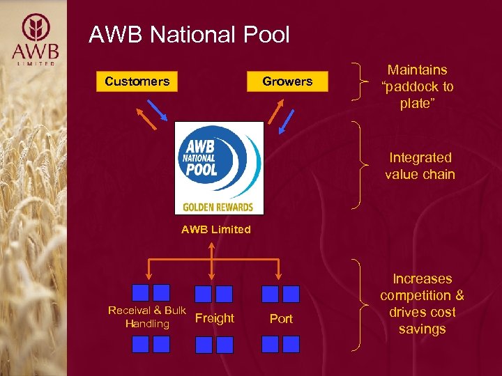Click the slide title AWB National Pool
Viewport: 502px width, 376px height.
(x=189, y=35)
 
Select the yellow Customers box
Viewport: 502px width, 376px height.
(x=137, y=81)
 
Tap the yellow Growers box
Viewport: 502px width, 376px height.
(x=287, y=81)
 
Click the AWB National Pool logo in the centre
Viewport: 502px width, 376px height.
(x=219, y=167)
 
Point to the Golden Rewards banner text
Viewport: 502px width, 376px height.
(x=218, y=207)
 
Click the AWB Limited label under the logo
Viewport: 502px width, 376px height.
(x=215, y=230)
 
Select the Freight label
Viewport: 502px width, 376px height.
(x=215, y=318)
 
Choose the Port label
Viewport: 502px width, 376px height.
(x=281, y=319)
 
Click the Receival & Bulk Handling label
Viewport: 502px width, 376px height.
(x=147, y=317)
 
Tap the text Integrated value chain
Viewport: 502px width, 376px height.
(x=420, y=166)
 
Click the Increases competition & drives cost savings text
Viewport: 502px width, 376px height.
(x=422, y=304)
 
